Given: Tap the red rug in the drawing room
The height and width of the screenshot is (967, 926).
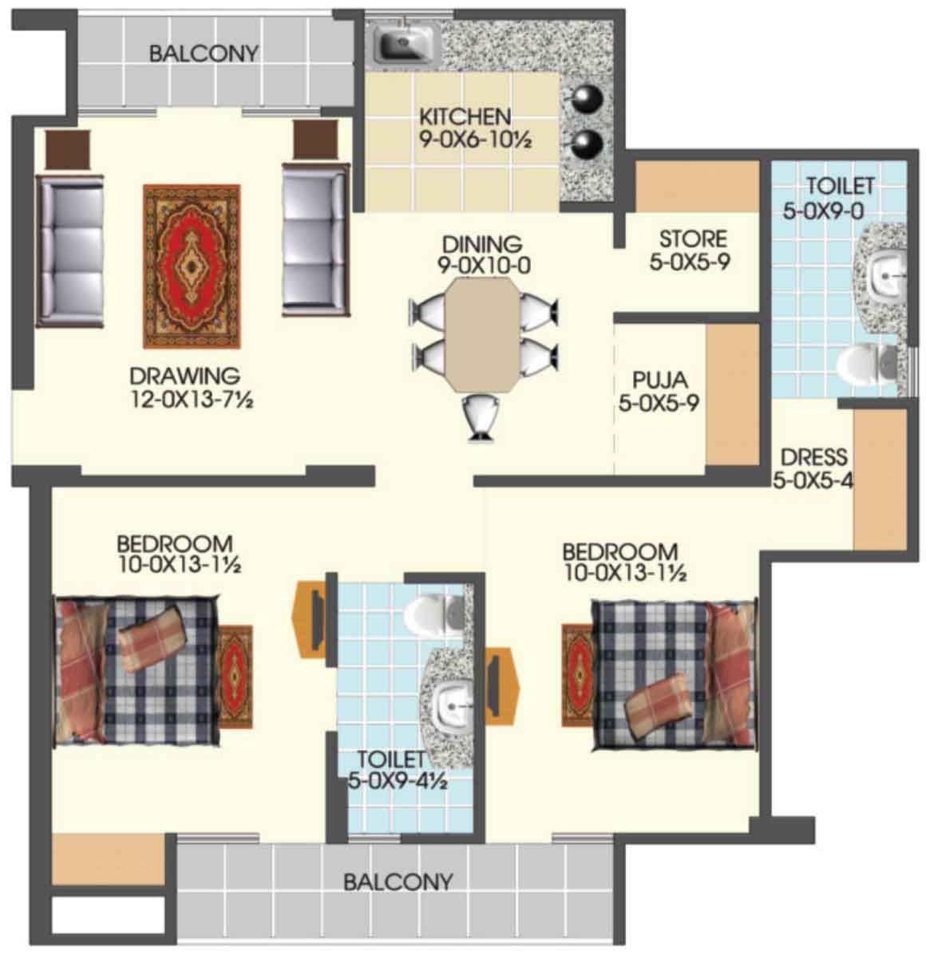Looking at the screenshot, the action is coord(192,266).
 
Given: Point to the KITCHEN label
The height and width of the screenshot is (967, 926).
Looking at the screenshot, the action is coord(465,116).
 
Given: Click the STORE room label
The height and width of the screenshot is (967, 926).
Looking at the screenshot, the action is coord(693,239).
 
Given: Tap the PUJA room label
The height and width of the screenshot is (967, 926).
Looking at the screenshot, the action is coord(660,380).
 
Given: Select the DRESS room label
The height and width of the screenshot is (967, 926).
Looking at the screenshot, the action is coord(813,457).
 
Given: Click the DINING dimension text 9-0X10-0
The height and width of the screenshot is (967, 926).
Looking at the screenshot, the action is coord(484,266).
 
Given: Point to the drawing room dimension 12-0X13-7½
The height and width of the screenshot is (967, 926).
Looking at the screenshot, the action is coord(192,399).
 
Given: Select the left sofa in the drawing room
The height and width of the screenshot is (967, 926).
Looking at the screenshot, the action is coord(69,251).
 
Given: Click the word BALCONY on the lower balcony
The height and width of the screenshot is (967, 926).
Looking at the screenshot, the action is coord(398,882).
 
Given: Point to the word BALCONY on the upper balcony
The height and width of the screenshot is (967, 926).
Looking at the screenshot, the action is coord(204,53).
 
